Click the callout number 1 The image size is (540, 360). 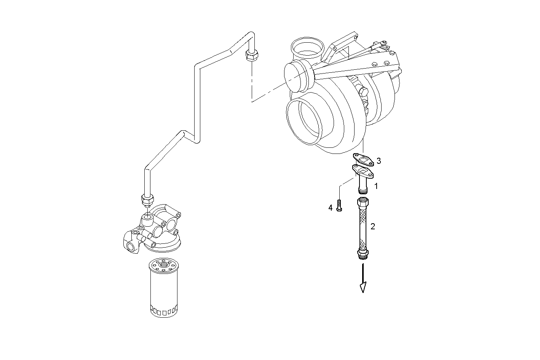point(376,186)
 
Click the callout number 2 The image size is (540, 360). point(373,227)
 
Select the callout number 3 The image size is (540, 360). point(379,161)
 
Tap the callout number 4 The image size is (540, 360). point(331,208)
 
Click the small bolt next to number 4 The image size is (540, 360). point(339,206)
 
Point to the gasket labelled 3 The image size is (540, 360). point(364,160)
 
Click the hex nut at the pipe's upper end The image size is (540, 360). point(250,56)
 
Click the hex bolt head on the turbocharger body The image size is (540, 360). point(363,91)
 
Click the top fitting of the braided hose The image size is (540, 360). point(363,202)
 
